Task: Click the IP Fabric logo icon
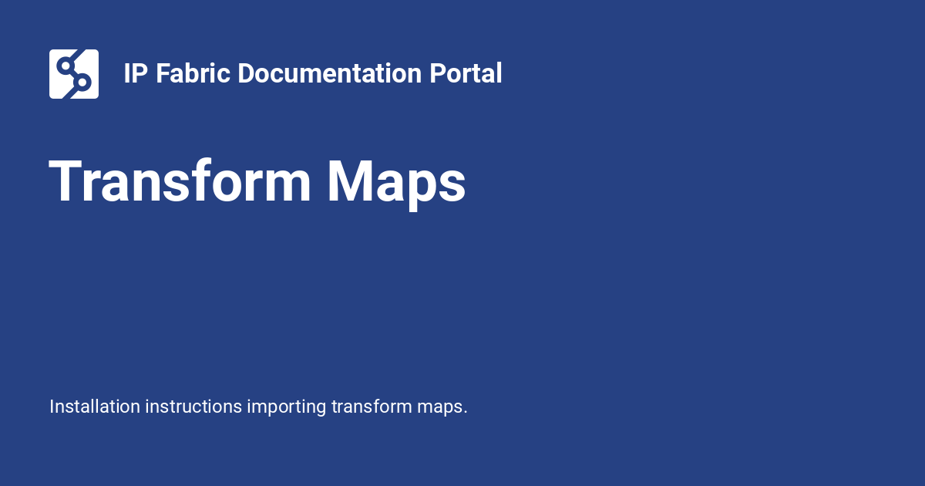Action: coord(74,74)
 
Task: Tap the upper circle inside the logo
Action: coord(66,66)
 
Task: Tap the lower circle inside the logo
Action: coord(82,83)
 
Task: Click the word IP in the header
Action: coord(136,73)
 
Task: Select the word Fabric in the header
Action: coord(193,73)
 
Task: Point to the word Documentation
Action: coord(330,73)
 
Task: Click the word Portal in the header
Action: coord(466,73)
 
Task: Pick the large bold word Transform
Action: coord(180,181)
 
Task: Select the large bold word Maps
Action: coord(396,184)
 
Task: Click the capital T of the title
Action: coord(66,181)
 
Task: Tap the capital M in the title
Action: coord(351,181)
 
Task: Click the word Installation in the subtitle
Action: coord(95,407)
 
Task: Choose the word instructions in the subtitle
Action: coord(193,407)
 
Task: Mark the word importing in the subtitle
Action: coord(287,408)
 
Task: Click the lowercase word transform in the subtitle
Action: coord(372,407)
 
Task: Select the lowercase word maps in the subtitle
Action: coord(439,409)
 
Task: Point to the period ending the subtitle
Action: coord(466,413)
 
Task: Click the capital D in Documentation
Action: coord(247,73)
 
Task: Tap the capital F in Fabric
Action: coord(163,73)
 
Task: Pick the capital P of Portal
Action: coord(438,73)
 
